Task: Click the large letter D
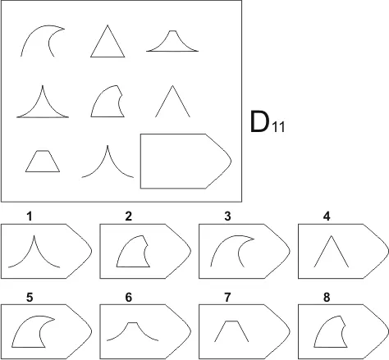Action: click(x=259, y=122)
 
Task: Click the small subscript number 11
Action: click(x=278, y=128)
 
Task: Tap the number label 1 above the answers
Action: click(x=30, y=216)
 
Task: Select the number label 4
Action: click(x=327, y=216)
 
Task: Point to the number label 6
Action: click(x=129, y=298)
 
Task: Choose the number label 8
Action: click(x=327, y=298)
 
